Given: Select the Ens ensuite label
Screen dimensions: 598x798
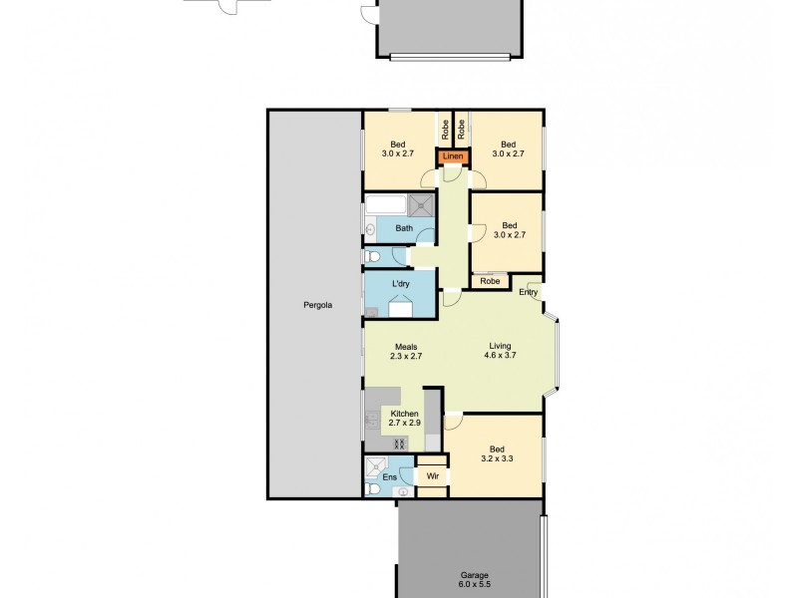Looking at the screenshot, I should point(389,478).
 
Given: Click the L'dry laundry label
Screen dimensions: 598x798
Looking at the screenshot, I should point(401,285).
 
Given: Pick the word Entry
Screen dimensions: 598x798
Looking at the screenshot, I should point(528,292).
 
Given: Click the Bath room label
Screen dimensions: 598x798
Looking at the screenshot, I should point(403,229).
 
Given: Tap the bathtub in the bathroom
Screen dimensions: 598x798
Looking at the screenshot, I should point(385,205).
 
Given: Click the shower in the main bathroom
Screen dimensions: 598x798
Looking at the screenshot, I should point(419,205).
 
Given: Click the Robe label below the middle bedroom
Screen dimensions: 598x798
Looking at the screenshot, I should point(490,282).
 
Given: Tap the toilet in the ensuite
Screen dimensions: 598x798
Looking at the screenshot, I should point(373,489).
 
